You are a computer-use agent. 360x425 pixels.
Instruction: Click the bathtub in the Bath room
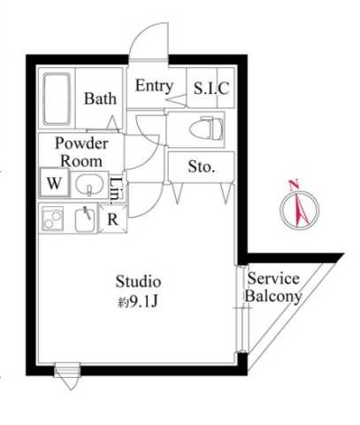(x=57, y=99)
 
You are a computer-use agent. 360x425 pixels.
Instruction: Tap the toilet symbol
(x=206, y=128)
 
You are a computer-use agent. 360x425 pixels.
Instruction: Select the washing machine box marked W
(x=55, y=182)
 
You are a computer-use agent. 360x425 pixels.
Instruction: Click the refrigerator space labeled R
(x=112, y=219)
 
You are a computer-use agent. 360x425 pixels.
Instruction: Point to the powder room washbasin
(x=89, y=184)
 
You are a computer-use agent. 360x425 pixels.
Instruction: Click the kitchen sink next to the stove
(x=86, y=219)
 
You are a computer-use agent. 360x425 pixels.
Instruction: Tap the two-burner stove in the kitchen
(x=53, y=219)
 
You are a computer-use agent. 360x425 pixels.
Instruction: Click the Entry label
(x=154, y=87)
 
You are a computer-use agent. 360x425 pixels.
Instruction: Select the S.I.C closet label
(x=211, y=88)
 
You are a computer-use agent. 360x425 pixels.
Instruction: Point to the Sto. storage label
(x=202, y=166)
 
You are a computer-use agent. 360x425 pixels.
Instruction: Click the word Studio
(x=138, y=282)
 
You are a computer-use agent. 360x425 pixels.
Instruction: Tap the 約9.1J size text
(x=138, y=302)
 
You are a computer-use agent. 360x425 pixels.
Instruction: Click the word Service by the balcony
(x=273, y=279)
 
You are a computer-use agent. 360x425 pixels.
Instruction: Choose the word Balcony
(x=273, y=296)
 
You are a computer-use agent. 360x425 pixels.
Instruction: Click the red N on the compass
(x=295, y=185)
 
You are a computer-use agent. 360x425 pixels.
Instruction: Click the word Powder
(x=81, y=143)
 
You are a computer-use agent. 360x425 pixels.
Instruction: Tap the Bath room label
(x=100, y=98)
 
